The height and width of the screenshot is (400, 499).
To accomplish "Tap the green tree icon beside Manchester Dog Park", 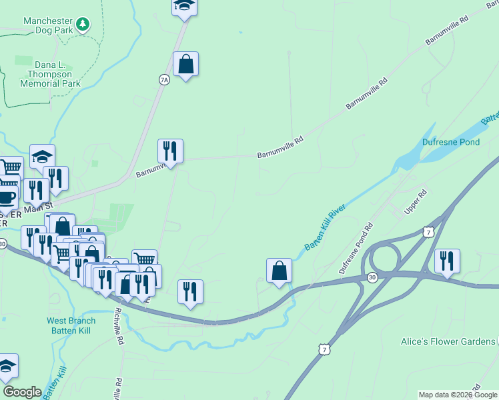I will point(83,25).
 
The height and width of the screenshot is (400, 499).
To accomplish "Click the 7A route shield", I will point(164,79).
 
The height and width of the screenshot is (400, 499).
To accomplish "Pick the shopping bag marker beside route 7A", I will point(185,65).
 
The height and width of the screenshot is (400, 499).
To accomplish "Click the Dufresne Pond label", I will point(451,142).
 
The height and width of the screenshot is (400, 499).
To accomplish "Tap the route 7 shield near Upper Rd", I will point(427,231).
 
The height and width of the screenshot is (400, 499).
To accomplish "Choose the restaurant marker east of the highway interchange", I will point(447,261).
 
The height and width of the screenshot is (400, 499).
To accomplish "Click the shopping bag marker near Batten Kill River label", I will point(279,271).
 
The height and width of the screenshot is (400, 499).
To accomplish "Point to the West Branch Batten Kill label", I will point(71,325).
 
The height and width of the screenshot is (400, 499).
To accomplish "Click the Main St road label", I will point(37,209).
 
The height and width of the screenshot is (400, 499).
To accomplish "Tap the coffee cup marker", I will point(6,197).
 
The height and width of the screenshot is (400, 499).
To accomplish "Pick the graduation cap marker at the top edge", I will point(184,7).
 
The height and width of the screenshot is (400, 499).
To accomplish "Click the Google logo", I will point(22,392).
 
